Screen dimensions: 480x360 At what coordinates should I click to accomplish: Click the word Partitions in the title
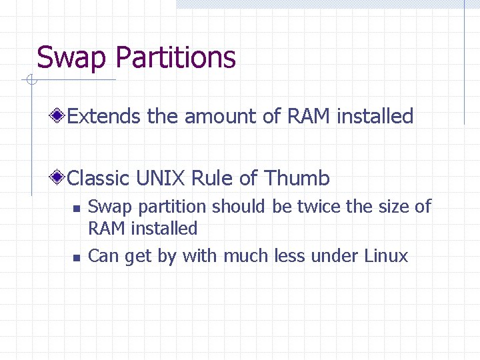(x=175, y=57)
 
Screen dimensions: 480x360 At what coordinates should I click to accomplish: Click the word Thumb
(x=297, y=178)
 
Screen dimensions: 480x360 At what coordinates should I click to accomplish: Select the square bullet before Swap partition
(x=77, y=208)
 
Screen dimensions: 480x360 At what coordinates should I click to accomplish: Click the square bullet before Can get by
(x=77, y=257)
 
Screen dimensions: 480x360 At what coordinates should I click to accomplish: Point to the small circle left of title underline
(x=30, y=81)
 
